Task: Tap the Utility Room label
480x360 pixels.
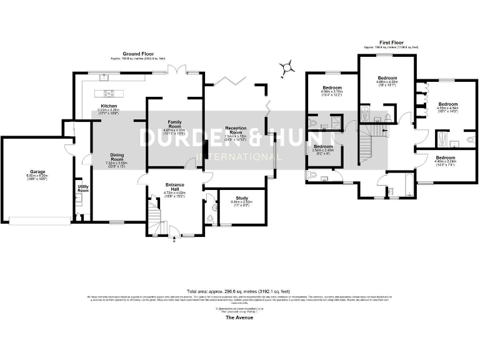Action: coord(82,187)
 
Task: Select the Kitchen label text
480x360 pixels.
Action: coord(109,106)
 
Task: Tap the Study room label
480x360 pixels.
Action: coord(241,198)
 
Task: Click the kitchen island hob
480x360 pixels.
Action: coord(109,94)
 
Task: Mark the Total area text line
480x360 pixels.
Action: coord(239,291)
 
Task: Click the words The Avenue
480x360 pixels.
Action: coord(239,318)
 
